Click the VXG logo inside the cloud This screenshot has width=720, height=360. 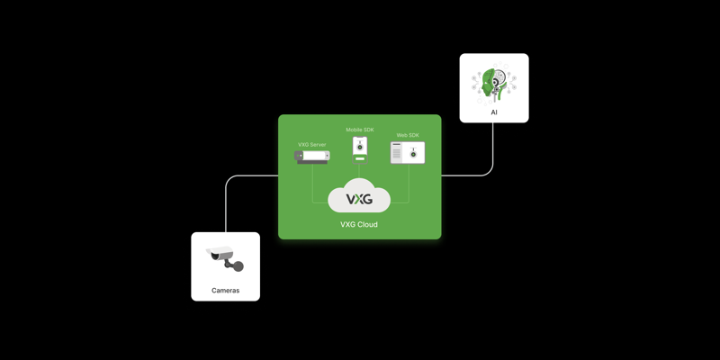click(359, 199)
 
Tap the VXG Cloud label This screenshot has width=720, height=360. click(359, 225)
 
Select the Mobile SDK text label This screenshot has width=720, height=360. click(360, 130)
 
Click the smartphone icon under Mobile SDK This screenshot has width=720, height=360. click(360, 147)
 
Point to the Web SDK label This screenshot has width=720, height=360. click(408, 136)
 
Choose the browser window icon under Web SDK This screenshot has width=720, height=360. click(408, 153)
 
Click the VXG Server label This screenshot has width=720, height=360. click(312, 145)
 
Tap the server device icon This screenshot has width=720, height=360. click(312, 157)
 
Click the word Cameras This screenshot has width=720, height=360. click(225, 291)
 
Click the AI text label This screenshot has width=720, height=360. click(494, 112)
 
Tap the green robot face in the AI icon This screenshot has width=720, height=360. click(489, 84)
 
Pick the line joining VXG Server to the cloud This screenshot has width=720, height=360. click(313, 184)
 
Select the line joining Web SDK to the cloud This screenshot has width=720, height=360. click(408, 184)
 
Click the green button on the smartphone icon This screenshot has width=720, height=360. click(360, 158)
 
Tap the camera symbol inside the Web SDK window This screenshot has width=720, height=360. click(413, 154)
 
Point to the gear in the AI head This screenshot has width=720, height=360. click(499, 82)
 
